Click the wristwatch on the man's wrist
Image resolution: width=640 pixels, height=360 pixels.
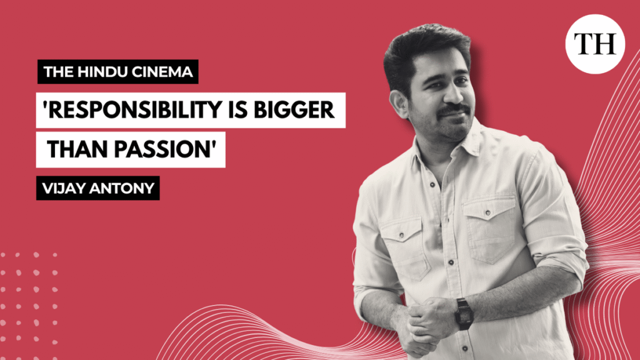pos(464,312)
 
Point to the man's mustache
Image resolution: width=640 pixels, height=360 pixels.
pos(452,111)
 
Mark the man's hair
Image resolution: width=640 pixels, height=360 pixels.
pos(419,47)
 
